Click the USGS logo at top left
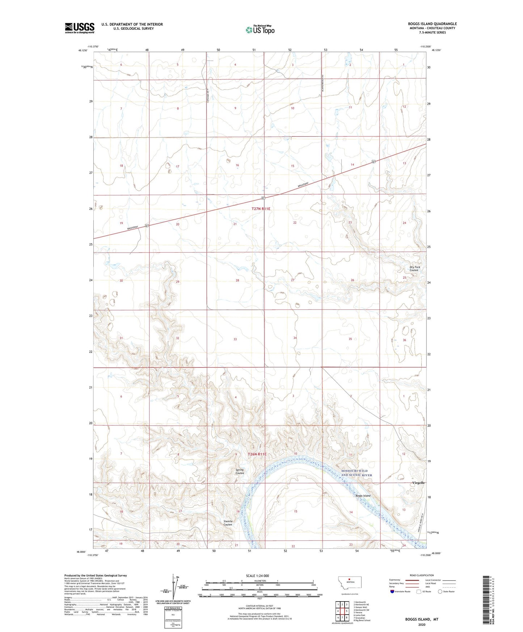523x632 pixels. [80, 28]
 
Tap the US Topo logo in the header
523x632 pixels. [260, 30]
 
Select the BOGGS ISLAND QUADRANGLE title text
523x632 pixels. [432, 24]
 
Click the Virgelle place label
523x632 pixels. [419, 483]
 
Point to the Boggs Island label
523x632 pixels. [363, 496]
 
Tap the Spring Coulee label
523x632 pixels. [240, 471]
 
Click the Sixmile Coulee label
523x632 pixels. [228, 523]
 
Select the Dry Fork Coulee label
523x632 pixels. [414, 269]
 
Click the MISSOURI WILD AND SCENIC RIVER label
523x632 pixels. [357, 473]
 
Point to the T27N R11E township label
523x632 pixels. [261, 208]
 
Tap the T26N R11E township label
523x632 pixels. [257, 454]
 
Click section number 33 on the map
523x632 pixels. [235, 339]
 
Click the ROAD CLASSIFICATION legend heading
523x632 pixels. [422, 575]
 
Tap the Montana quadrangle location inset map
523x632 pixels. [349, 582]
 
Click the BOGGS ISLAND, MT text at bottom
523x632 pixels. [422, 619]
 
